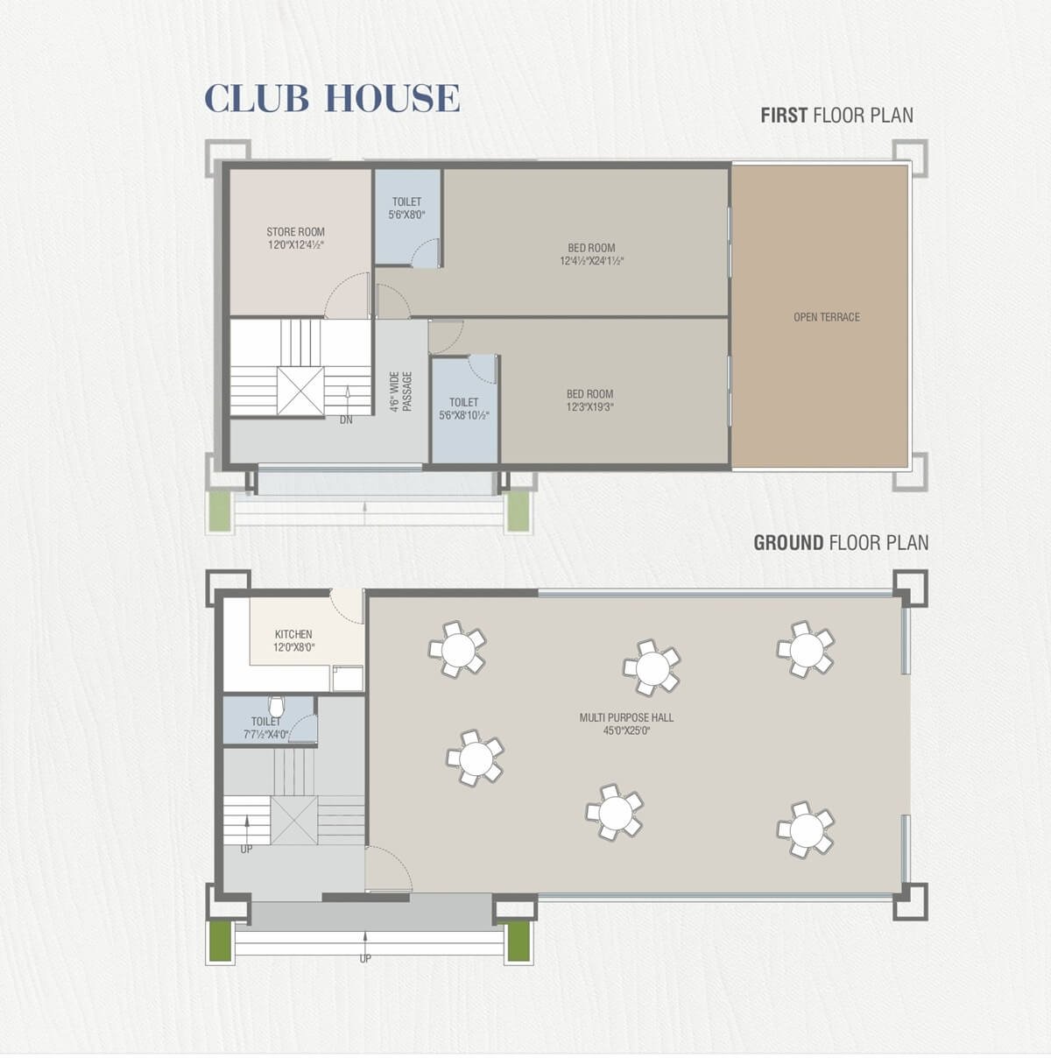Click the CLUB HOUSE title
click(332, 98)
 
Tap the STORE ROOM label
click(295, 232)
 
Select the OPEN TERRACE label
click(827, 317)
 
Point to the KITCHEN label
click(293, 635)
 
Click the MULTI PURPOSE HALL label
click(626, 717)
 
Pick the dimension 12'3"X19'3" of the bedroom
click(589, 407)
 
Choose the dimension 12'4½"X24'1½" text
click(591, 261)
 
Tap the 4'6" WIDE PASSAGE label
click(401, 391)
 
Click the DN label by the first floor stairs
click(346, 420)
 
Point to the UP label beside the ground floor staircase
click(247, 850)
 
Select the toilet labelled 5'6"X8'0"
click(407, 217)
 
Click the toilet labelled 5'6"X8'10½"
click(464, 409)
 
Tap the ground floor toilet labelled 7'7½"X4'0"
click(269, 720)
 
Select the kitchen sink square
click(347, 678)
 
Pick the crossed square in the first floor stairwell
click(300, 391)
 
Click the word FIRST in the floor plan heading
click(784, 116)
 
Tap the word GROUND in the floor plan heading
click(788, 543)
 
